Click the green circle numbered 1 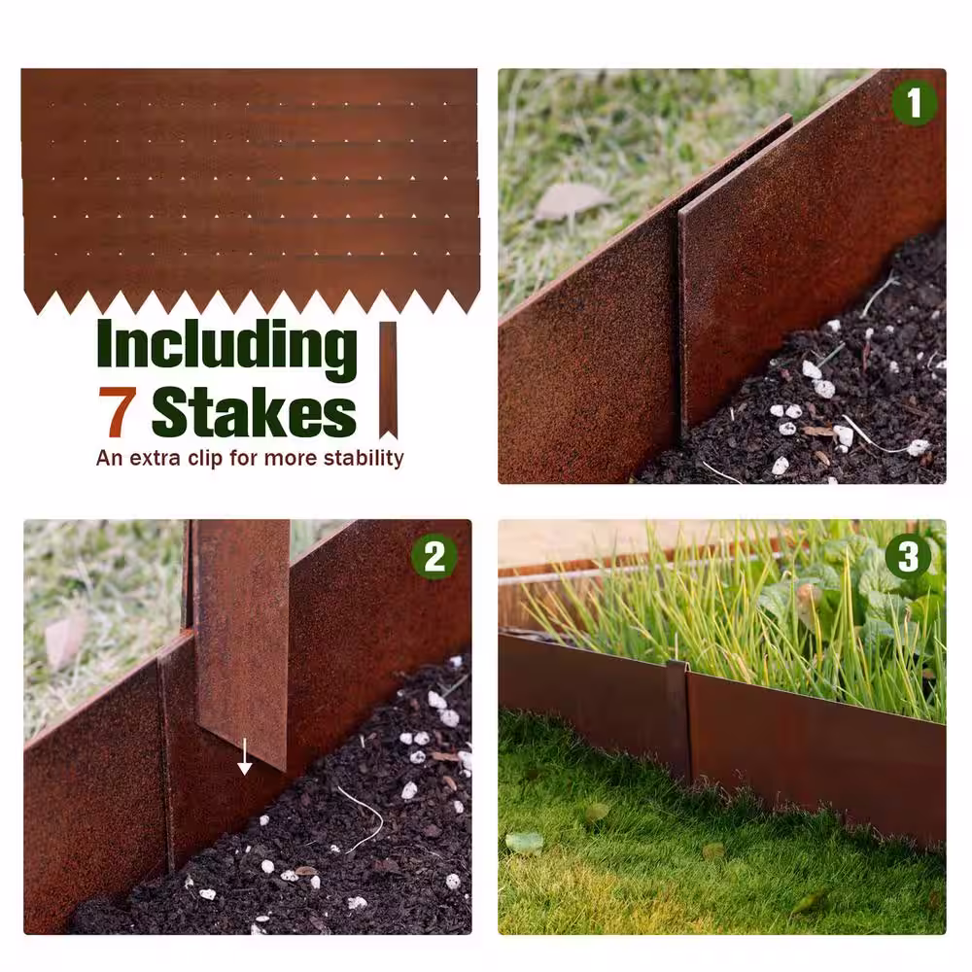(914, 103)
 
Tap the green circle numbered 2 (434, 556)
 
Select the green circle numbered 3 (908, 556)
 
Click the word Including (226, 346)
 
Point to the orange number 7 (117, 411)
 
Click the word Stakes (254, 411)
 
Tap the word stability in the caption (364, 458)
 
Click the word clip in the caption (205, 458)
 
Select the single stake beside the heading (388, 379)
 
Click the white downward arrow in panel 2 (245, 756)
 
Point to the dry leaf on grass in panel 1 (571, 202)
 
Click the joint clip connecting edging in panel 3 (677, 719)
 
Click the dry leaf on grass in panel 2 (65, 641)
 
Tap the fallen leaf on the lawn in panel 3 (525, 843)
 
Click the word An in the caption (110, 458)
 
